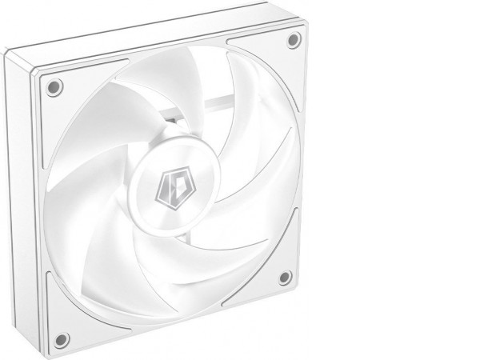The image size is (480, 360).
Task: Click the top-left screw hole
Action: tap(54, 87)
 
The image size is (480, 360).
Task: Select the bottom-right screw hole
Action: tap(285, 278)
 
